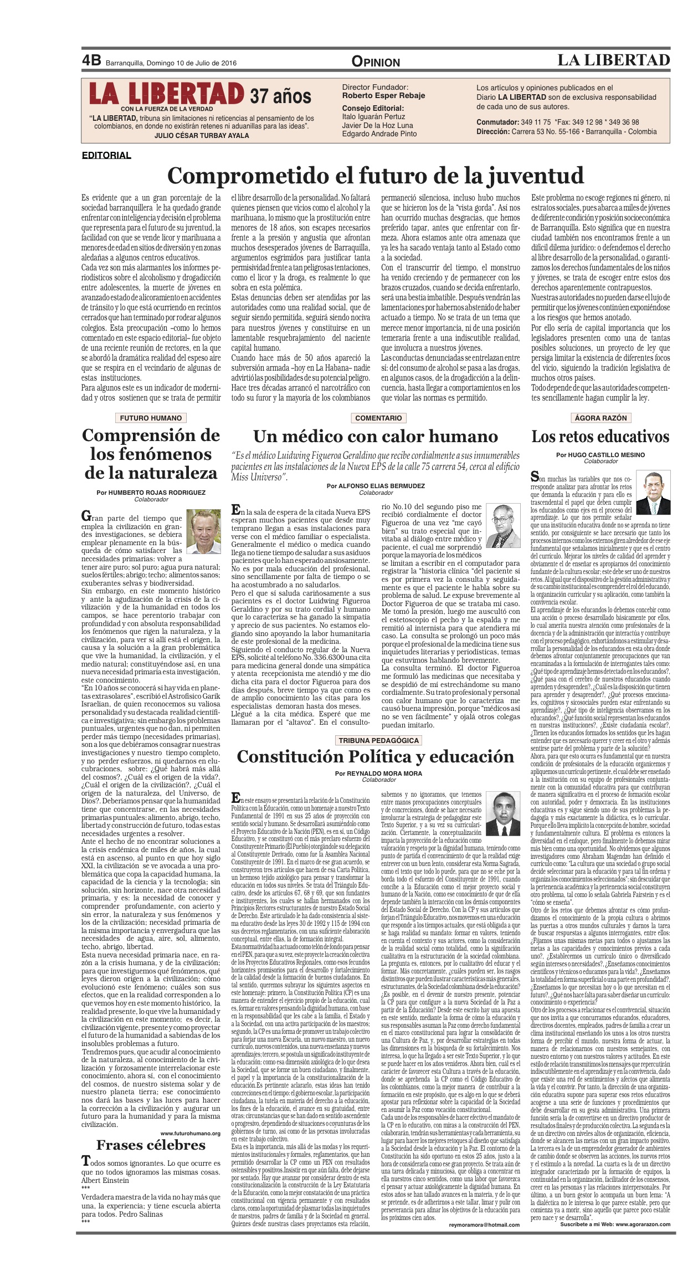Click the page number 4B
point(91,60)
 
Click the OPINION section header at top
point(376,62)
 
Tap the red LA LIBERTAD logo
point(166,94)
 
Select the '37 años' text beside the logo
point(280,96)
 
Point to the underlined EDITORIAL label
point(106,155)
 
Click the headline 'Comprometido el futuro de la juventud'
point(376,176)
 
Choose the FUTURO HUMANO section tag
point(151,418)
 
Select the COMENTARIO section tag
point(378,418)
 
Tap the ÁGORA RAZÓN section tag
point(601,418)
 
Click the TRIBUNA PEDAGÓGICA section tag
point(379,740)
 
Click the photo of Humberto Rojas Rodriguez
point(203,531)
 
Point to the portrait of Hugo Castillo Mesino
point(653,493)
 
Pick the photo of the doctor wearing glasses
point(503,526)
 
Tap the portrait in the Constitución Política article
point(503,814)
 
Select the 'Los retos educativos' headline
point(601,437)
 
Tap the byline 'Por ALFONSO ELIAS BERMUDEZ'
point(376,486)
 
